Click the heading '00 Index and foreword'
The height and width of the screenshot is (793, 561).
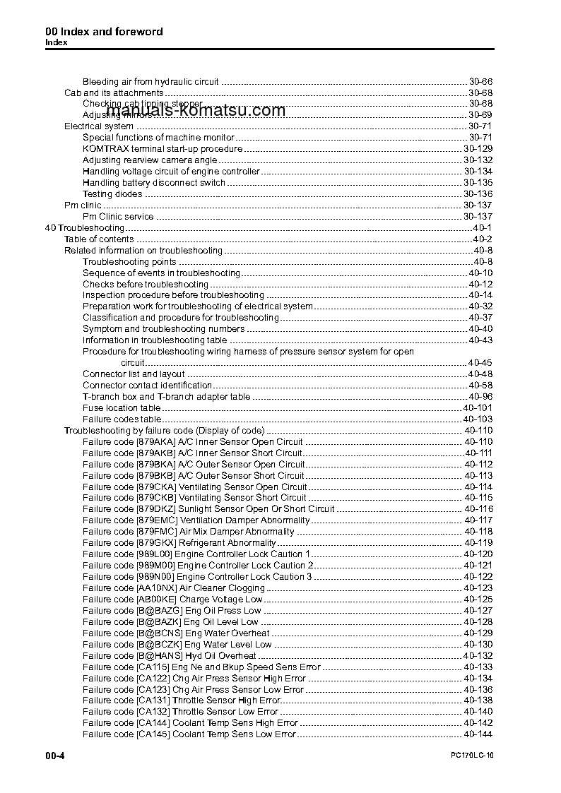[104, 31]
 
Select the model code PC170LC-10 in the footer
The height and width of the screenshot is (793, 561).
[471, 756]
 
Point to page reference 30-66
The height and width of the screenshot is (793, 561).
[480, 82]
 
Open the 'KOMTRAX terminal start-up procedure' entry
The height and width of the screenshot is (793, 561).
[163, 149]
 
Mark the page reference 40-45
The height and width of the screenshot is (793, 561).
[480, 363]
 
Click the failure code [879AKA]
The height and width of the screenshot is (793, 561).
[156, 442]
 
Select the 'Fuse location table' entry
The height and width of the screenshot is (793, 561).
[122, 408]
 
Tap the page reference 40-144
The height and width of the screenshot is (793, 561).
[478, 734]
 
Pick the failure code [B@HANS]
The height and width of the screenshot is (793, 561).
[159, 656]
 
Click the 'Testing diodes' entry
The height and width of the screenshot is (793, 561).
[112, 194]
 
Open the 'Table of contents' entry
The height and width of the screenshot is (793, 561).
[99, 239]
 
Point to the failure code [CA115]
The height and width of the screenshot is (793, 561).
[153, 667]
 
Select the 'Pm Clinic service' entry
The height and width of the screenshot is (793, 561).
[118, 217]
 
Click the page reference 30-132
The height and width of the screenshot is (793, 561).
[478, 160]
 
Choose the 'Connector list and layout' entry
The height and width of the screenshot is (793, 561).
[134, 374]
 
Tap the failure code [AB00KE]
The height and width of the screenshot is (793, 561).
[156, 600]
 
